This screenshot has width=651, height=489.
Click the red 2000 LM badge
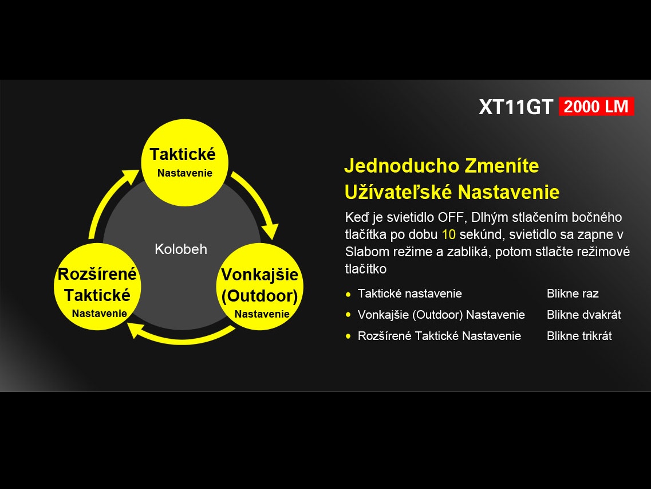(596, 107)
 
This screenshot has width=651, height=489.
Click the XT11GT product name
(516, 107)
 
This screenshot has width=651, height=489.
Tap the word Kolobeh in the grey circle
(180, 249)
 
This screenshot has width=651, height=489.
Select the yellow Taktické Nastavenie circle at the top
(185, 163)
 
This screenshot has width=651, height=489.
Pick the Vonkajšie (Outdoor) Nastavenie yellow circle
(260, 287)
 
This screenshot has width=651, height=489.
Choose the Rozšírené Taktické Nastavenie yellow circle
(97, 287)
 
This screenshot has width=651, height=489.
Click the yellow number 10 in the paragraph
(448, 234)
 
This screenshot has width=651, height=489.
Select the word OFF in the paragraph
(451, 217)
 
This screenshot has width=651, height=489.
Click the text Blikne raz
(573, 294)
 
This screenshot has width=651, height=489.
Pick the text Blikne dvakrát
(584, 315)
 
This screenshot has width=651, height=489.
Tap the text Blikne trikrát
(579, 336)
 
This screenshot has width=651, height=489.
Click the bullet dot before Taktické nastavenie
(348, 294)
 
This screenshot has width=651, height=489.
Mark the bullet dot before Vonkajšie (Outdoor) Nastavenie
(348, 315)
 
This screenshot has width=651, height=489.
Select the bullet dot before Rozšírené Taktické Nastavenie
(348, 336)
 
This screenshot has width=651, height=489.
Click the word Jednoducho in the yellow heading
(401, 166)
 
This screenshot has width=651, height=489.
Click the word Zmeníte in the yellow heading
(502, 166)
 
